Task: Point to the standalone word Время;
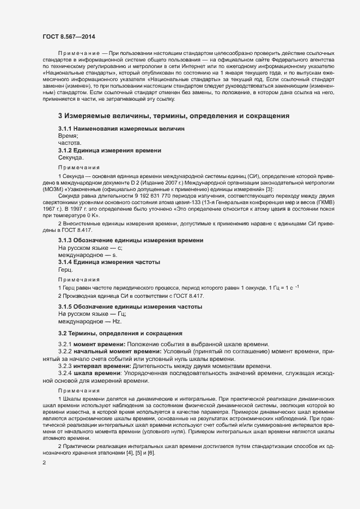68,135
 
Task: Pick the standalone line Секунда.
71,157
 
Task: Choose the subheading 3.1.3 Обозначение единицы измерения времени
131,240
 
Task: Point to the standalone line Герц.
65,269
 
